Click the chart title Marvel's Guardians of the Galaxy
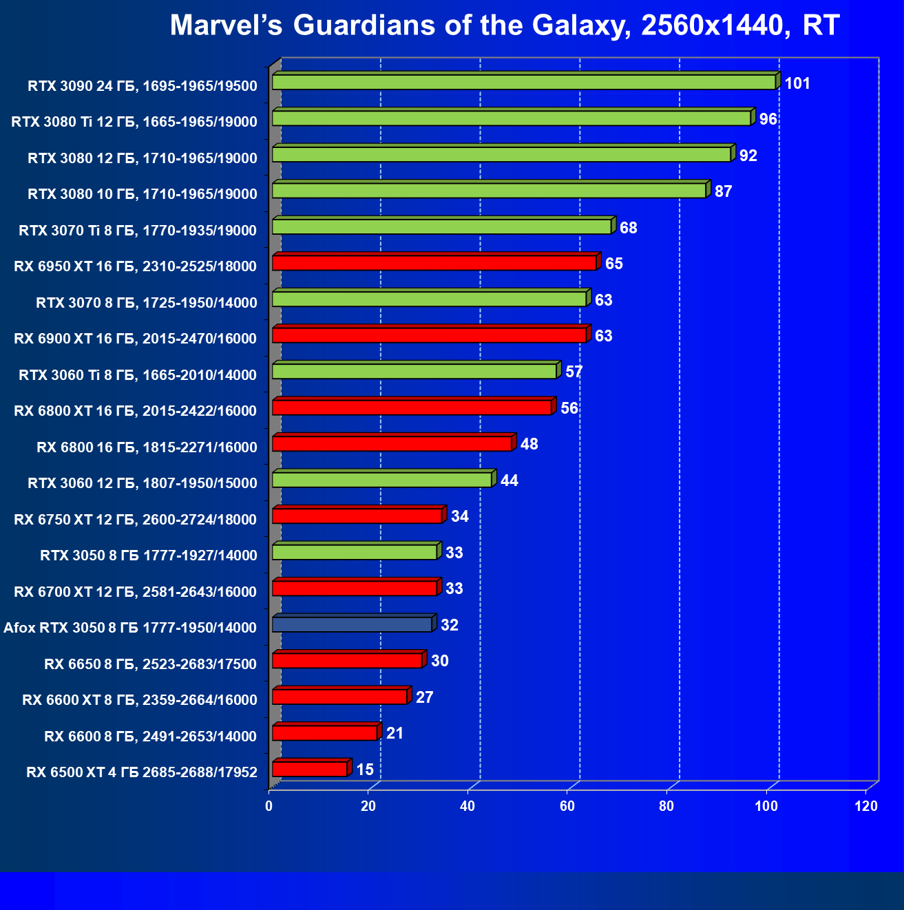point(505,26)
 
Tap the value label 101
point(797,84)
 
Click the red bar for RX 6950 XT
point(434,263)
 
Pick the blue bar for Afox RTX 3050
point(352,624)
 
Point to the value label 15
point(365,770)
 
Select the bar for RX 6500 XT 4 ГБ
point(310,769)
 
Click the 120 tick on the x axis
point(866,806)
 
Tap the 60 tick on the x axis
point(567,806)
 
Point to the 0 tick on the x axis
point(269,806)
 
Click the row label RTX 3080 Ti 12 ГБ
point(134,123)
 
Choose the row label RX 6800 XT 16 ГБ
point(136,412)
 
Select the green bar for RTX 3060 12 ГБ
point(382,480)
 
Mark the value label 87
point(723,191)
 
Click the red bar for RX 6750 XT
point(357,516)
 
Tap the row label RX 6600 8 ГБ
point(150,737)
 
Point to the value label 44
point(509,480)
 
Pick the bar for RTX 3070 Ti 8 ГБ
point(441,226)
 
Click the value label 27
point(425,697)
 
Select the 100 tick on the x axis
point(767,806)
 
